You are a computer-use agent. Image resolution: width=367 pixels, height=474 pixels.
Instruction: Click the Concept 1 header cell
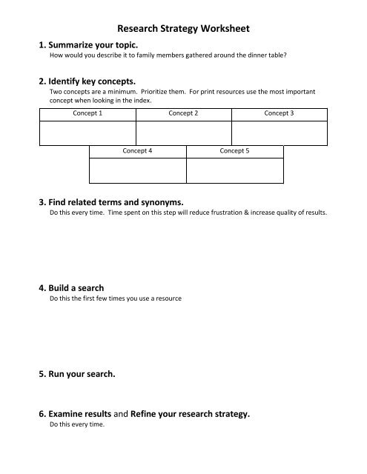click(x=87, y=113)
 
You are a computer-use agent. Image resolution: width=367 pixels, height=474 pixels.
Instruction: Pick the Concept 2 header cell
click(x=183, y=113)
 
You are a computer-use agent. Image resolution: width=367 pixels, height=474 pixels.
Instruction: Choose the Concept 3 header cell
click(x=279, y=113)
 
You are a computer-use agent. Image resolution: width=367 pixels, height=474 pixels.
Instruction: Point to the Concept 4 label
click(x=137, y=150)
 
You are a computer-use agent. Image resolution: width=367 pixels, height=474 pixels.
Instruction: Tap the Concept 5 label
click(x=235, y=150)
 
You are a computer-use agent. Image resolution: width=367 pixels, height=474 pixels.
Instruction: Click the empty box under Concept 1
click(x=87, y=133)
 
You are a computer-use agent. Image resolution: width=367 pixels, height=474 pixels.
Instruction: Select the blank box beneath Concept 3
click(x=279, y=133)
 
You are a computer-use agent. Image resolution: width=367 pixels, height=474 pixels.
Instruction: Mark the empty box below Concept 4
click(x=138, y=170)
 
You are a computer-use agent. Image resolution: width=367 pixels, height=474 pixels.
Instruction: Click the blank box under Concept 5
click(x=235, y=170)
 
